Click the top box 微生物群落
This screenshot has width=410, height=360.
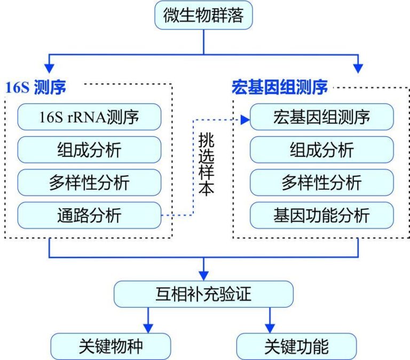pyautogui.click(x=203, y=15)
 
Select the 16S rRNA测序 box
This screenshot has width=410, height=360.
pyautogui.click(x=89, y=116)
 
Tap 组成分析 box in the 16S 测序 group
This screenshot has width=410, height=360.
pyautogui.click(x=89, y=150)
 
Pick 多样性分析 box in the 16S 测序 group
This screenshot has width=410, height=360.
pyautogui.click(x=89, y=183)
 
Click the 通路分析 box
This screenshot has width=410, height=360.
pyautogui.click(x=89, y=215)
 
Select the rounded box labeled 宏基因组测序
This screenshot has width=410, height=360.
pyautogui.click(x=321, y=116)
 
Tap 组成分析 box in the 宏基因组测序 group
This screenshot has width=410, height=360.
pyautogui.click(x=321, y=150)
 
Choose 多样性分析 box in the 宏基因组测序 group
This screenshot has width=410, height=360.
pyautogui.click(x=321, y=183)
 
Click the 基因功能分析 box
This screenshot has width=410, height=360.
pyautogui.click(x=321, y=215)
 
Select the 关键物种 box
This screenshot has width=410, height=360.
pyautogui.click(x=111, y=346)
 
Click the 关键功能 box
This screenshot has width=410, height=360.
pyautogui.click(x=296, y=346)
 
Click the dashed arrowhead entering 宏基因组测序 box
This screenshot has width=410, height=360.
pyautogui.click(x=246, y=120)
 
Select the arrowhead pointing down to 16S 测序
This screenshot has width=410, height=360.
pyautogui.click(x=50, y=68)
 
